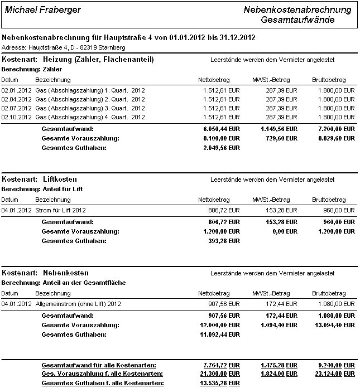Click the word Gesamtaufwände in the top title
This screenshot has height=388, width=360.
click(x=297, y=20)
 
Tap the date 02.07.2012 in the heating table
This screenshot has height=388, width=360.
click(x=15, y=108)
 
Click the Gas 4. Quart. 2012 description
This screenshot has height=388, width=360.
click(x=90, y=117)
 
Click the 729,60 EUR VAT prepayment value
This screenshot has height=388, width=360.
click(x=282, y=138)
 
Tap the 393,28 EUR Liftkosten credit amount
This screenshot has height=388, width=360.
click(x=222, y=241)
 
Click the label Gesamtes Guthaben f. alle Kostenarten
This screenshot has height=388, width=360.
click(x=103, y=384)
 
